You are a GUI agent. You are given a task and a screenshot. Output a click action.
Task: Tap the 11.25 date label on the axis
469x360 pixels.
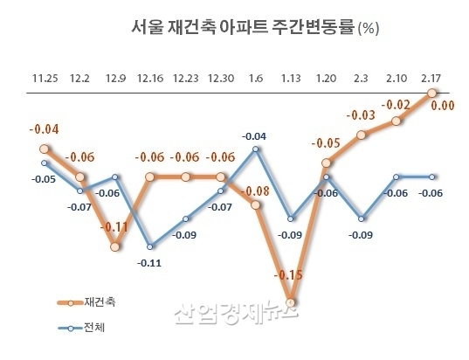[x=44, y=78]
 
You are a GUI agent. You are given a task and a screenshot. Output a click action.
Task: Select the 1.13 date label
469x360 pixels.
[x=291, y=78]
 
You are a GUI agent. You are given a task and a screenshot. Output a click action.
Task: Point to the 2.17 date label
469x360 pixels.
[x=431, y=78]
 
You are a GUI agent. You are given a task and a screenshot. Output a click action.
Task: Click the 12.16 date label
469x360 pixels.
[x=150, y=78]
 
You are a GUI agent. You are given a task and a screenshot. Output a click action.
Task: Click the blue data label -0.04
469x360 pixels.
[x=254, y=136]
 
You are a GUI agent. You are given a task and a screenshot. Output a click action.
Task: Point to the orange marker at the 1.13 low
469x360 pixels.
[x=291, y=302]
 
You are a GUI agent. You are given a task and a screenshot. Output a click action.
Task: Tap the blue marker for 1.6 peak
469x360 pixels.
[x=256, y=149]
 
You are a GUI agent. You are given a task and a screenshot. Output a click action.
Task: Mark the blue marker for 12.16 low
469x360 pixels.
[x=151, y=246]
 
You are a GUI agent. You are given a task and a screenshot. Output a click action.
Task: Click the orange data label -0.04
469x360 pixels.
[x=45, y=131]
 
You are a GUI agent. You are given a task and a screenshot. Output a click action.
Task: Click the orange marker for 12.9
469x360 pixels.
[x=115, y=246]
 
